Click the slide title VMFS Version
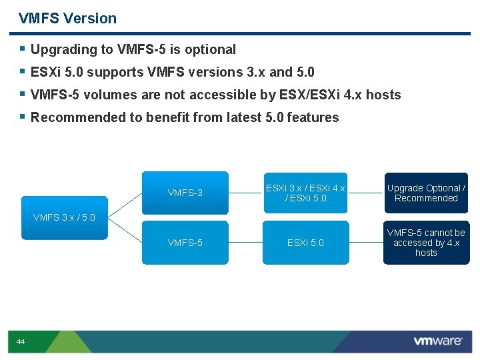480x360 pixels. tap(67, 19)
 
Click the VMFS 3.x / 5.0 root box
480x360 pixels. tap(64, 217)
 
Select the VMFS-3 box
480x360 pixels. tap(185, 193)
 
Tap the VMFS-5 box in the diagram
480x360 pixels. tap(185, 243)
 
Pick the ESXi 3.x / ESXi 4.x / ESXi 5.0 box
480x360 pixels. tap(305, 193)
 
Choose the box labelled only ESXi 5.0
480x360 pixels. tap(305, 243)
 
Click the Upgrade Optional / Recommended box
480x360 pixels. tap(426, 193)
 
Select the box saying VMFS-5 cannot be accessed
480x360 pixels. tap(426, 243)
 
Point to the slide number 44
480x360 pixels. tap(21, 342)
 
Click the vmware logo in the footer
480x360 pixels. tap(437, 341)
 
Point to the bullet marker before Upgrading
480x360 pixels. tap(23, 49)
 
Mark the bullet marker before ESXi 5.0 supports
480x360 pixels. tap(23, 71)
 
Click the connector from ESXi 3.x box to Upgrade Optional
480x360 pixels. tap(365, 193)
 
